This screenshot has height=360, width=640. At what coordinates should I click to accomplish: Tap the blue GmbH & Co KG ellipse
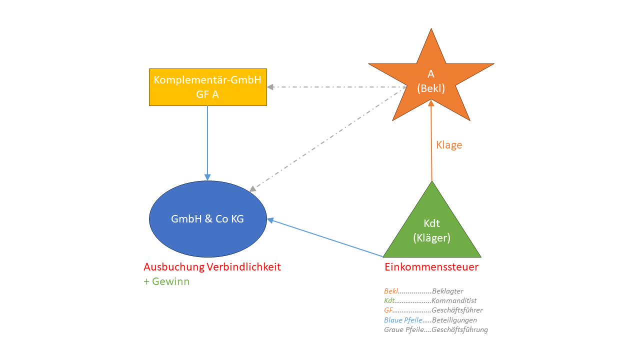[207, 219]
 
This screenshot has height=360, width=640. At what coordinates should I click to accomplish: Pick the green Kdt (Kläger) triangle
[431, 230]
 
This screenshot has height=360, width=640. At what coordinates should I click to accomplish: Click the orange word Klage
[449, 145]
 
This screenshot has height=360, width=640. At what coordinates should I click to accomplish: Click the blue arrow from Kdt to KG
[325, 238]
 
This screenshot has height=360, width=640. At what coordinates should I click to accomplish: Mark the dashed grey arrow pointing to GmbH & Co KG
[325, 140]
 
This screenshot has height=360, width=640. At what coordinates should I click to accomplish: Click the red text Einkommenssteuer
[431, 267]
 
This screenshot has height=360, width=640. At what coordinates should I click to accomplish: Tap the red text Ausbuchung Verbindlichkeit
[212, 267]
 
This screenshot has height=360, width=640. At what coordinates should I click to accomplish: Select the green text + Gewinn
[166, 281]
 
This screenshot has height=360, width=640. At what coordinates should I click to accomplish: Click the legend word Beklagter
[447, 291]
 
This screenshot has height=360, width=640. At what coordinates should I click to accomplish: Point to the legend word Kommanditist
[454, 300]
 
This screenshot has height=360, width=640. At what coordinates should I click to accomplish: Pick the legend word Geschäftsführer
[457, 310]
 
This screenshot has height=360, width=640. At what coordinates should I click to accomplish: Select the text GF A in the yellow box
[207, 93]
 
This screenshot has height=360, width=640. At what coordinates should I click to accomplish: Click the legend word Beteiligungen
[454, 320]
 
